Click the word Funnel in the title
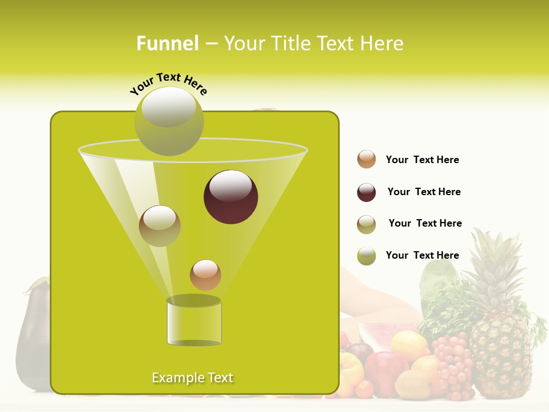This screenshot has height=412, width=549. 168,43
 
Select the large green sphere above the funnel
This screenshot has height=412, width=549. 169,121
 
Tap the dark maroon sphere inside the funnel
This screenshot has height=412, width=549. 231,197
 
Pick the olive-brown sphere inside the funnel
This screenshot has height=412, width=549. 160,226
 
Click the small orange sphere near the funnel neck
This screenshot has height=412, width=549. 205,275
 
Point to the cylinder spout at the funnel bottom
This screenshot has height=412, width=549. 194,322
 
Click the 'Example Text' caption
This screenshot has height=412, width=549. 193,378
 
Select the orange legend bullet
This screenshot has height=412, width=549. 367,160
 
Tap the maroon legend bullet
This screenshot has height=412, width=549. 367,192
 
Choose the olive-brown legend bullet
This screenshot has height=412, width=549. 367,224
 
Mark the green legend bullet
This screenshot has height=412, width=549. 367,256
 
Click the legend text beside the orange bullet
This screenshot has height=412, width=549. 423,160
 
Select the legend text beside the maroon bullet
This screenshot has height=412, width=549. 424,192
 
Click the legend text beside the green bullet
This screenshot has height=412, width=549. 423,255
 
